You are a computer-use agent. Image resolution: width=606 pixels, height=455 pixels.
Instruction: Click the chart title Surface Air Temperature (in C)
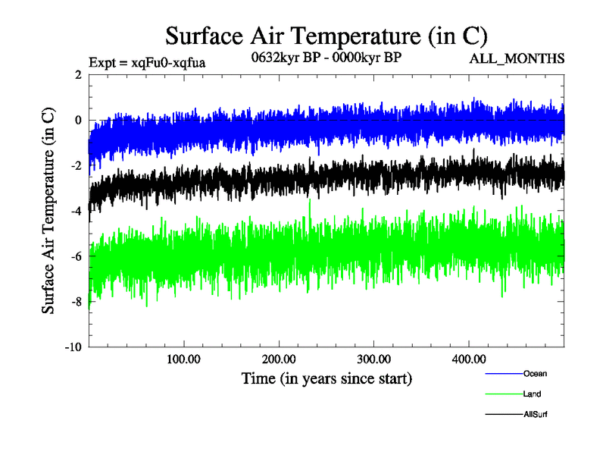326,36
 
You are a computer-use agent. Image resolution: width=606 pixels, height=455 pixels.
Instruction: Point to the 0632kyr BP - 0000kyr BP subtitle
326,57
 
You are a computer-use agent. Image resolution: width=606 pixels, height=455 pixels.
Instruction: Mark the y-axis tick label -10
73,347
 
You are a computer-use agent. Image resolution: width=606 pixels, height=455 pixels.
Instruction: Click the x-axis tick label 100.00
183,359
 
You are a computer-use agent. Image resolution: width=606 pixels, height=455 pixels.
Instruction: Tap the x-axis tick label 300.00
373,359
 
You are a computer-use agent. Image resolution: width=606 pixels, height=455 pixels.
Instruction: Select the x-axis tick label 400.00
468,359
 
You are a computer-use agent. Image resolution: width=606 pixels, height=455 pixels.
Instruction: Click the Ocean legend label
534,373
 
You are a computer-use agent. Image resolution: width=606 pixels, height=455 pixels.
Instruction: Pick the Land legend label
532,394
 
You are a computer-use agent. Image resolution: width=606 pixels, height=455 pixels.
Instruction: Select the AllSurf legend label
535,414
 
